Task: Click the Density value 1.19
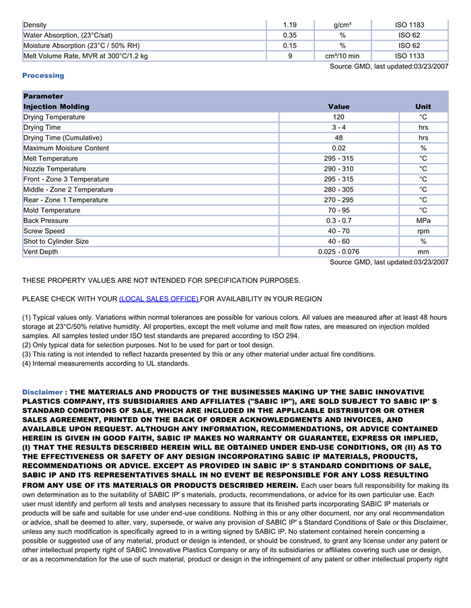(290, 25)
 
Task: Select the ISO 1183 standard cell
(409, 25)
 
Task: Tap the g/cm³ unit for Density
(342, 25)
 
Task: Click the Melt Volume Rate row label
(85, 56)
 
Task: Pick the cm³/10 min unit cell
(342, 56)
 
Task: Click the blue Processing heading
(43, 76)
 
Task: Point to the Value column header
(338, 107)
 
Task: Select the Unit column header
(423, 107)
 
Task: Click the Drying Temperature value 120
(338, 118)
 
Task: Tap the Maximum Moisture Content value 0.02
(338, 148)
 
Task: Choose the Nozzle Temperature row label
(55, 169)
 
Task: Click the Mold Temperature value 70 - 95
(338, 210)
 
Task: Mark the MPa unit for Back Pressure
(423, 221)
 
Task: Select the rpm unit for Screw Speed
(423, 231)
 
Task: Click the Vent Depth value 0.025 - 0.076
(338, 252)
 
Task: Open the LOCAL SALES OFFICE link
(159, 299)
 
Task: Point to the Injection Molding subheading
(56, 107)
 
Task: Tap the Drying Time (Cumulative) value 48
(338, 138)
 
